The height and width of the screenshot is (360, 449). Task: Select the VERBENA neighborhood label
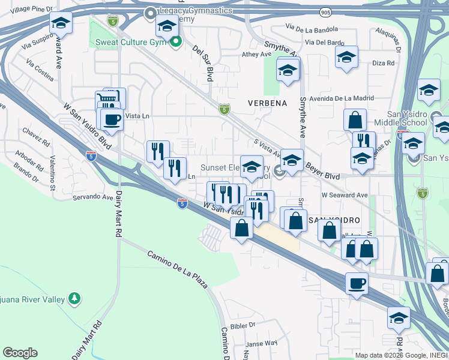pyautogui.click(x=267, y=103)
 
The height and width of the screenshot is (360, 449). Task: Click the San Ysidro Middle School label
pyautogui.click(x=398, y=118)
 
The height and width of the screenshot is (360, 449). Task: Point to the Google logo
pyautogui.click(x=20, y=353)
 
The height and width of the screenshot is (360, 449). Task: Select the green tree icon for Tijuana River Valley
pyautogui.click(x=74, y=298)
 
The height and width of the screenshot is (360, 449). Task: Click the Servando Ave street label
pyautogui.click(x=93, y=197)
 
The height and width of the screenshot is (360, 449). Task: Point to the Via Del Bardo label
pyautogui.click(x=324, y=43)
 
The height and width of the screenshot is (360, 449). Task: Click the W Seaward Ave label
pyautogui.click(x=344, y=196)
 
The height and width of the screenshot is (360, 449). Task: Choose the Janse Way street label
pyautogui.click(x=262, y=343)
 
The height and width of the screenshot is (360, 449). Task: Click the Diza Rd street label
pyautogui.click(x=383, y=62)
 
